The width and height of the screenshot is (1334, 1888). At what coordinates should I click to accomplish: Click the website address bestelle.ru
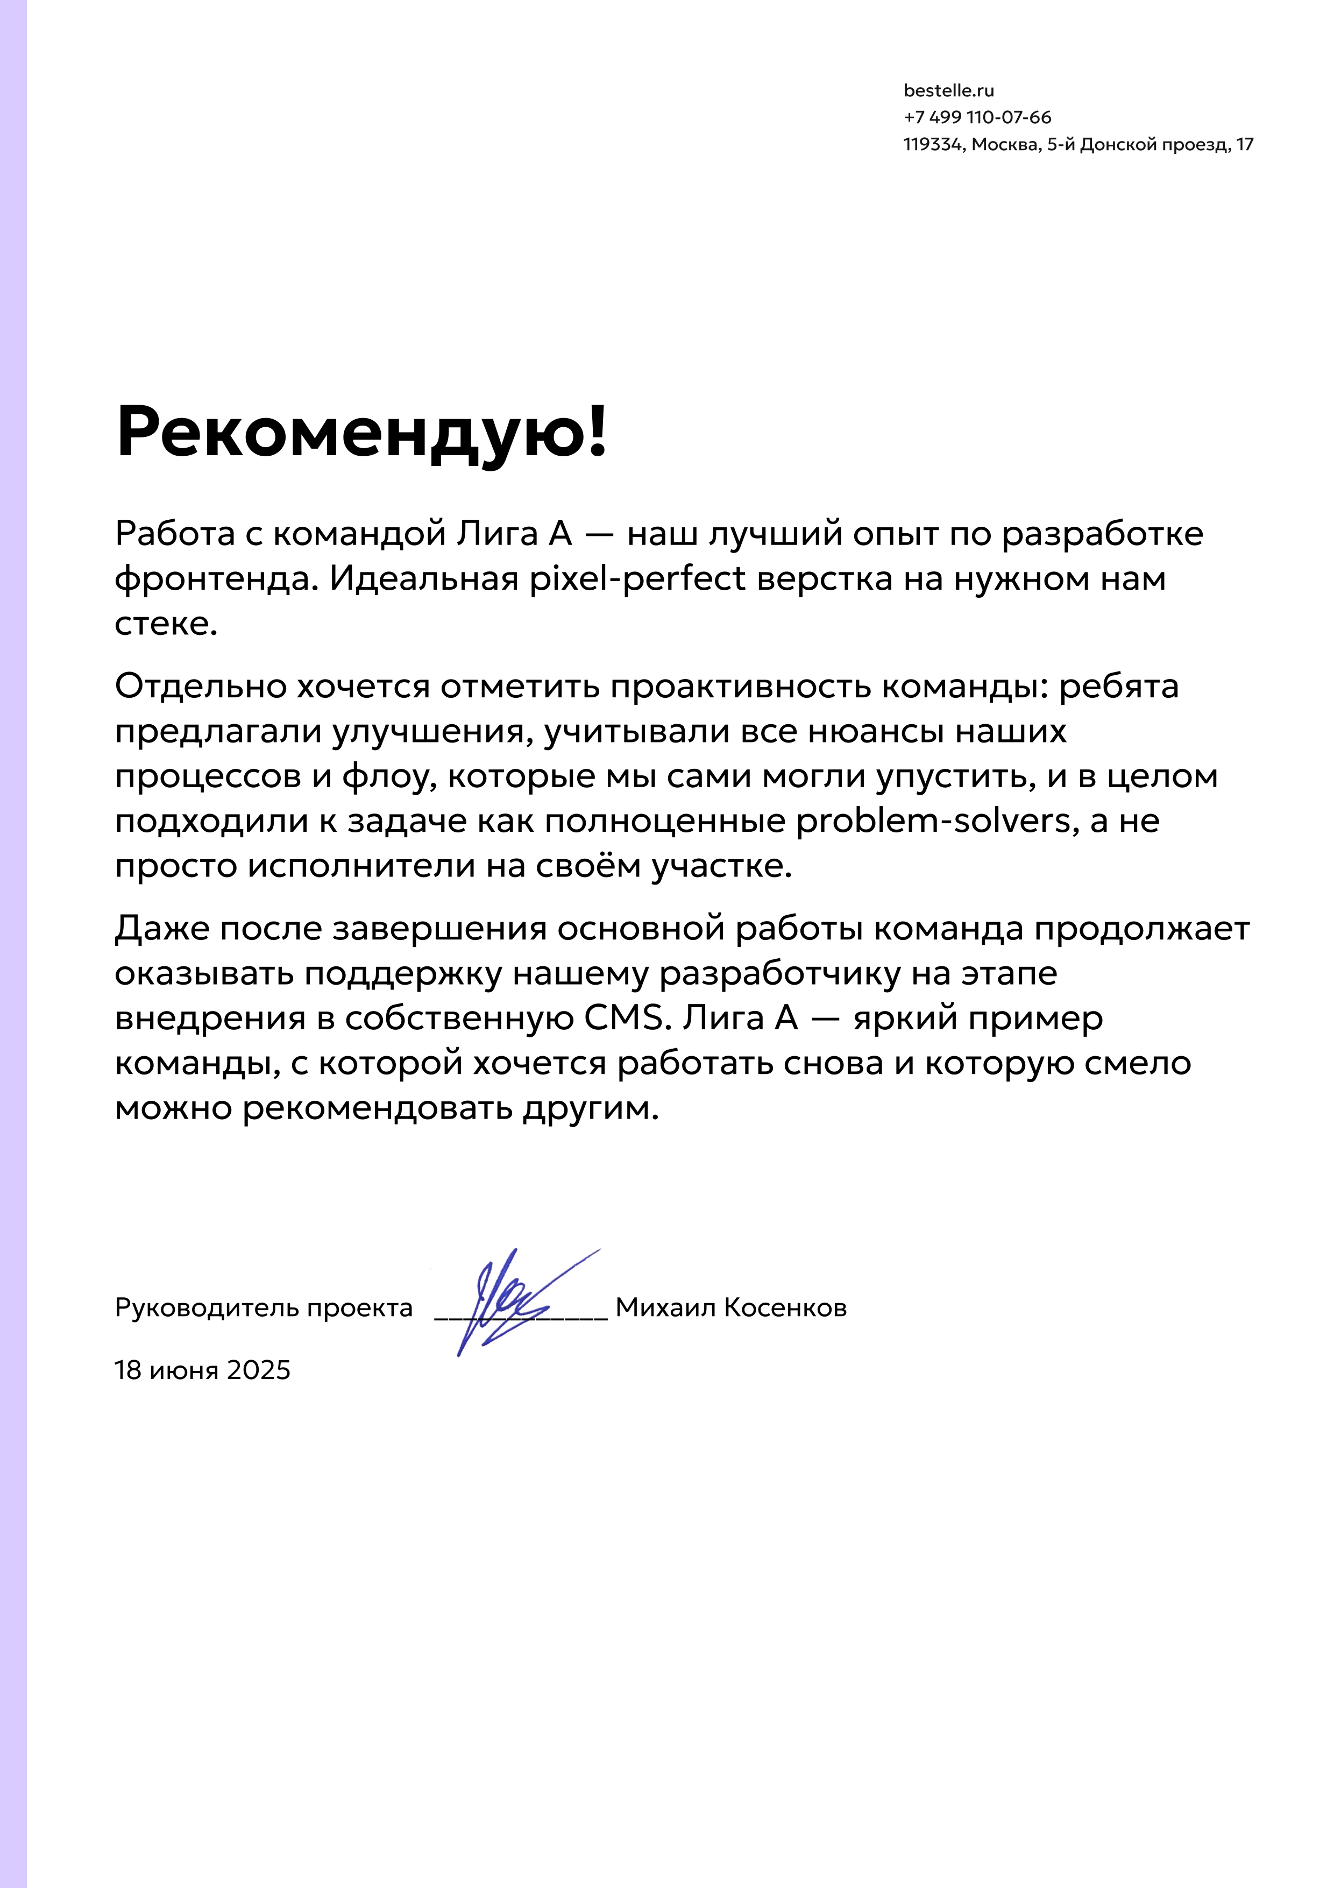coord(948,90)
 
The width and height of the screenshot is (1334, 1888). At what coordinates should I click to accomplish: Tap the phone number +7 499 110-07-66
coord(977,118)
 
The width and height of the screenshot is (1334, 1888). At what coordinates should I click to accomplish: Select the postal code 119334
coord(932,145)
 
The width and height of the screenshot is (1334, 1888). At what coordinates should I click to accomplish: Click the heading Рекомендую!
coord(361,432)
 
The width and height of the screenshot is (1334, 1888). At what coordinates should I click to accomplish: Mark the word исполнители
coord(361,866)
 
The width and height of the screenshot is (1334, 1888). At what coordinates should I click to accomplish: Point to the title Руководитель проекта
coord(264,1307)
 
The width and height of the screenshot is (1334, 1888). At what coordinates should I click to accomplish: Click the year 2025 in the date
coord(258,1370)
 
